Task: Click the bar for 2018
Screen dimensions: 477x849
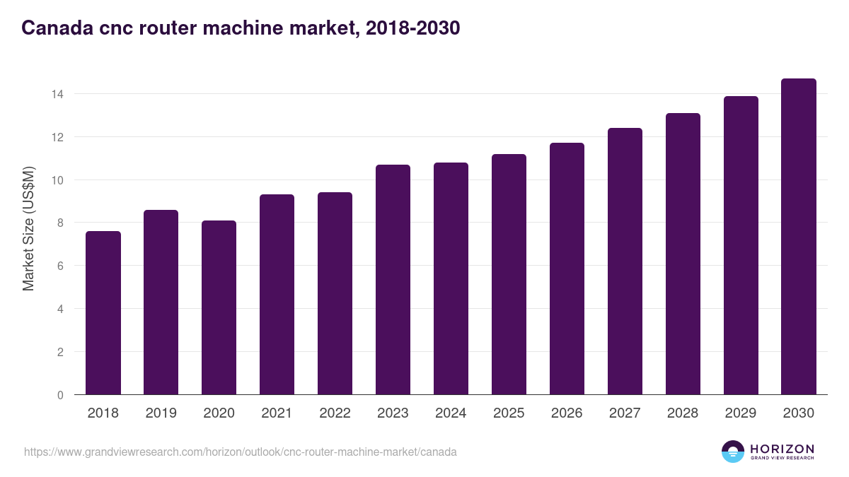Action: [103, 313]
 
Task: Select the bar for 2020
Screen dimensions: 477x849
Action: [219, 308]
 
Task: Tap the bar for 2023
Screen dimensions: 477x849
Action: [393, 280]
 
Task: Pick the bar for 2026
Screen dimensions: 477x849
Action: [567, 269]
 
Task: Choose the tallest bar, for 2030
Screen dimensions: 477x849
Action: [799, 237]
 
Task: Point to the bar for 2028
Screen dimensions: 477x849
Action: [683, 254]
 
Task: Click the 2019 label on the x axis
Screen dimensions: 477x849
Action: [161, 413]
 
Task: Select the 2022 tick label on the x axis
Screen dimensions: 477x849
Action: [335, 413]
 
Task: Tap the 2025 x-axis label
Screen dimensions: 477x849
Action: [509, 413]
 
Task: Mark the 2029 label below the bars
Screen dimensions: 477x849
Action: [741, 413]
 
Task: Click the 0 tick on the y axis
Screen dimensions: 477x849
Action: [61, 395]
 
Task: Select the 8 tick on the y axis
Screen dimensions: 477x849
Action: [61, 223]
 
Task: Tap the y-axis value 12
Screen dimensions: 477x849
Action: [58, 137]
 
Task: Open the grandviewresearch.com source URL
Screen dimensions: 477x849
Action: [241, 452]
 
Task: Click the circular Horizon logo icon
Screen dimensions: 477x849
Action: [733, 452]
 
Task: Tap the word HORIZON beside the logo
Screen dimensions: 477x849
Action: [782, 448]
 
